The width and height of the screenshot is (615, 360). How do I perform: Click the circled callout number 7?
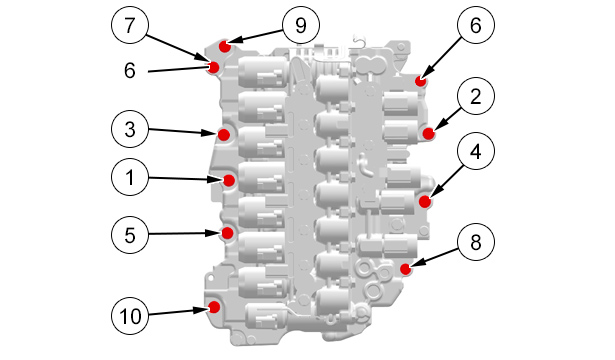pos(130,25)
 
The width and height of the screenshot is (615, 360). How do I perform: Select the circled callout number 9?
pos(301,25)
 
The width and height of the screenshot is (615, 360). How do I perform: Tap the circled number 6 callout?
pos(476,25)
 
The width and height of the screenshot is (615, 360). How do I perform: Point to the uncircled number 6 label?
pos(129,71)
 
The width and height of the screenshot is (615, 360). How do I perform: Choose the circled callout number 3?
pos(130,129)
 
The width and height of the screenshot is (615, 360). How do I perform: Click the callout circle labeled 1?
pos(130,177)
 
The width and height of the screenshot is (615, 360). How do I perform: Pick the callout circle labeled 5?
pos(130,235)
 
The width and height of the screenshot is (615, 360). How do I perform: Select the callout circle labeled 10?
pos(130,316)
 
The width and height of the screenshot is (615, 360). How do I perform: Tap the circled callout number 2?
pos(476,96)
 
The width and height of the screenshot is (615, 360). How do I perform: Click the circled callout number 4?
pos(476,151)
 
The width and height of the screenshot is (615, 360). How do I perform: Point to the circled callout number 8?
pos(476,242)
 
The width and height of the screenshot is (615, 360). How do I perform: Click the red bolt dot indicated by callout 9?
pos(225,47)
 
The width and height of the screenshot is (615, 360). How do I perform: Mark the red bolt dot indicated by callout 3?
pos(224,135)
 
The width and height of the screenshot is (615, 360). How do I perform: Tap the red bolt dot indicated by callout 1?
pos(229,180)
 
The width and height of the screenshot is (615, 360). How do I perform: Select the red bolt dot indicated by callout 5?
pos(227,233)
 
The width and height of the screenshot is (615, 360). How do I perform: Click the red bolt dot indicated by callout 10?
pos(214,307)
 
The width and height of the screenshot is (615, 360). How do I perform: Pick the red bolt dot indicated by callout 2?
pos(429,133)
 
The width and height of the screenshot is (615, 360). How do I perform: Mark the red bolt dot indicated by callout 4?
pos(425,202)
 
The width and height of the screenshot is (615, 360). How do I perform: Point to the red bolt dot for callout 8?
pos(406,269)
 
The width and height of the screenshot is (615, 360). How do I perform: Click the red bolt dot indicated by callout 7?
pos(213,67)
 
